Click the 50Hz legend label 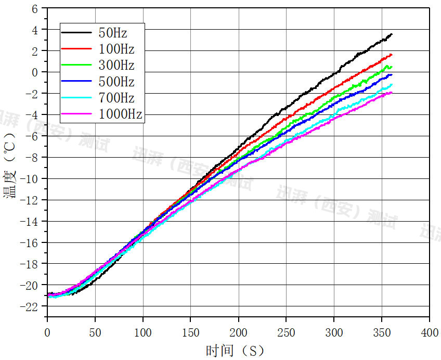pyautogui.click(x=113, y=33)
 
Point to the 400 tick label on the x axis pyautogui.click(x=430, y=332)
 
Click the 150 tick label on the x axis pyautogui.click(x=190, y=332)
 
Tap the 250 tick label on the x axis pyautogui.click(x=286, y=332)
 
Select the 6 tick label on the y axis pyautogui.click(x=35, y=9)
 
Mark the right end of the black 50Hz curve pyautogui.click(x=392, y=34)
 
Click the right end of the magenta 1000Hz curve pyautogui.click(x=392, y=93)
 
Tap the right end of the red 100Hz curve pyautogui.click(x=392, y=55)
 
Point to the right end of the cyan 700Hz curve pyautogui.click(x=392, y=84)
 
